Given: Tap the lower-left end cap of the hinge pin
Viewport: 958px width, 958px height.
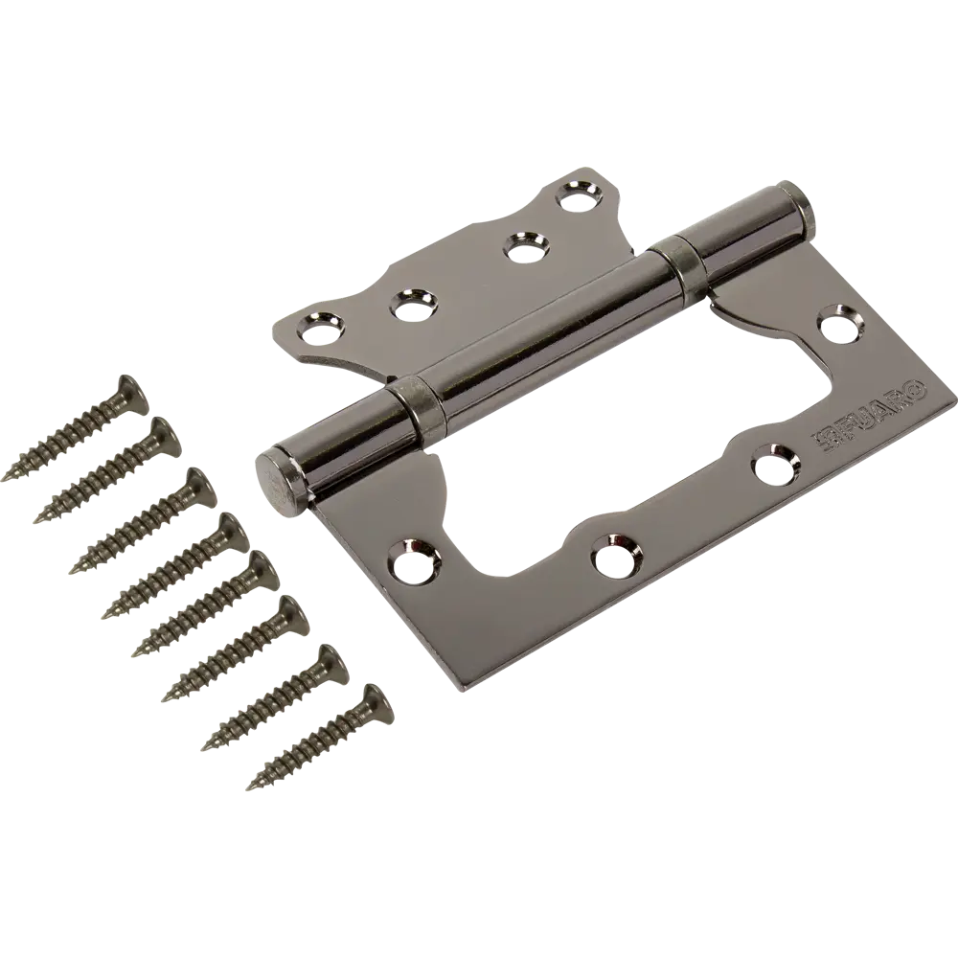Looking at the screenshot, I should [279, 472].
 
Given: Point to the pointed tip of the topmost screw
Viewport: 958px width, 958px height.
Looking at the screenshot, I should [8, 478].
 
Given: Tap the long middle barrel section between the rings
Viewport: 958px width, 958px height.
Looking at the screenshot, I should [546, 331].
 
